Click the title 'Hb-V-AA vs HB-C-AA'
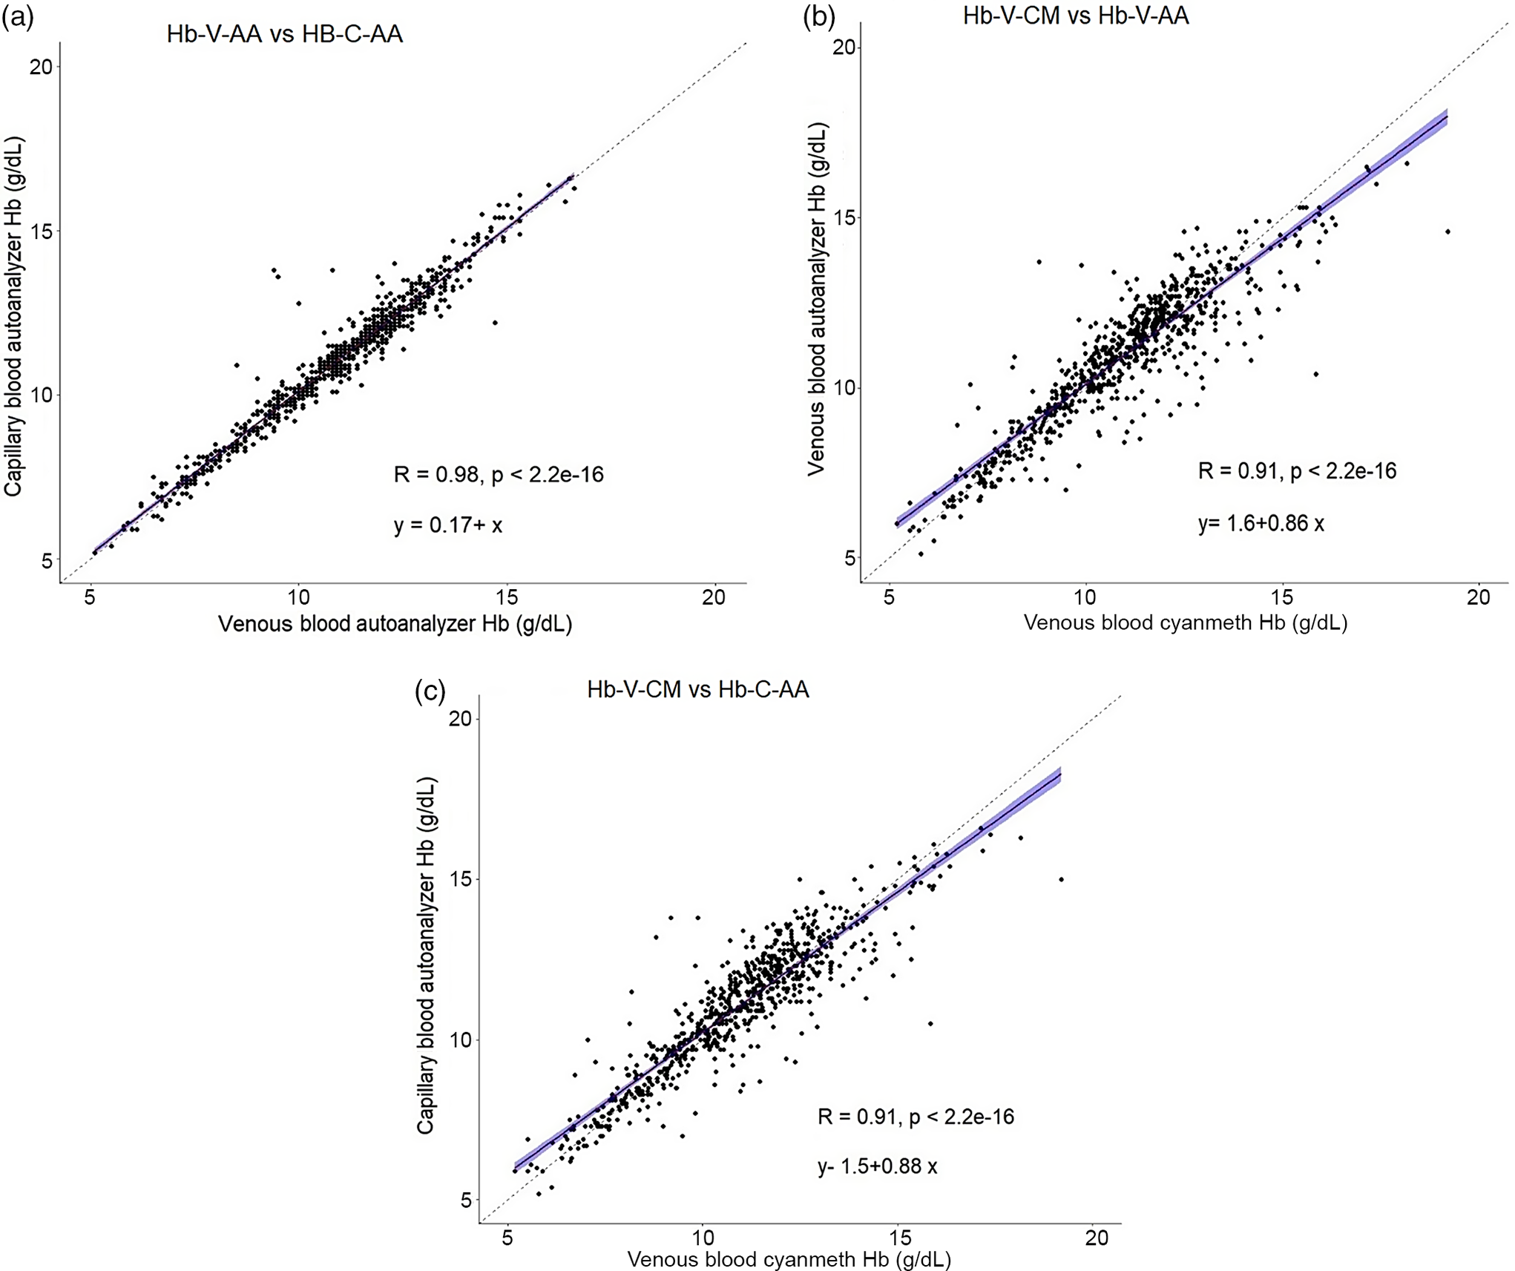point(284,34)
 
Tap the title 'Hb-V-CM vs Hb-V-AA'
point(1075,16)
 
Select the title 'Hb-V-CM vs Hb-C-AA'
point(697,689)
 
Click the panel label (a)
point(18,17)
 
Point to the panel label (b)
point(819,16)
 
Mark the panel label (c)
point(430,691)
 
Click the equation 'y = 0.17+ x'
point(447,525)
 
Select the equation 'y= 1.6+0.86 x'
point(1261,523)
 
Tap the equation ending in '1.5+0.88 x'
point(877,1166)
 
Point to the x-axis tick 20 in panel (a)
point(714,597)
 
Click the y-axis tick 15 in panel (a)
point(42,231)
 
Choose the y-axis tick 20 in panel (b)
point(844,47)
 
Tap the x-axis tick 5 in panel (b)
point(889,597)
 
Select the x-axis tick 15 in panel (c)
point(900,1238)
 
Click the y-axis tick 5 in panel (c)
point(465,1200)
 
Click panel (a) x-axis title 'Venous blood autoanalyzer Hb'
point(395,624)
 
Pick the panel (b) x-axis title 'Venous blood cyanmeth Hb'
point(1185,623)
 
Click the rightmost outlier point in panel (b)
point(1447,232)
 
